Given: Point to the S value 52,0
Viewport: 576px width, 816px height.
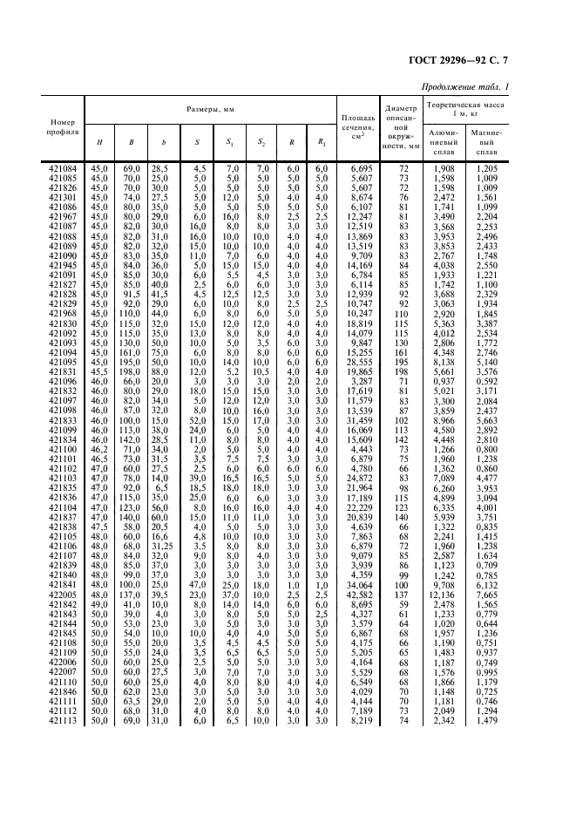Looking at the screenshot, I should pyautogui.click(x=199, y=420).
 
